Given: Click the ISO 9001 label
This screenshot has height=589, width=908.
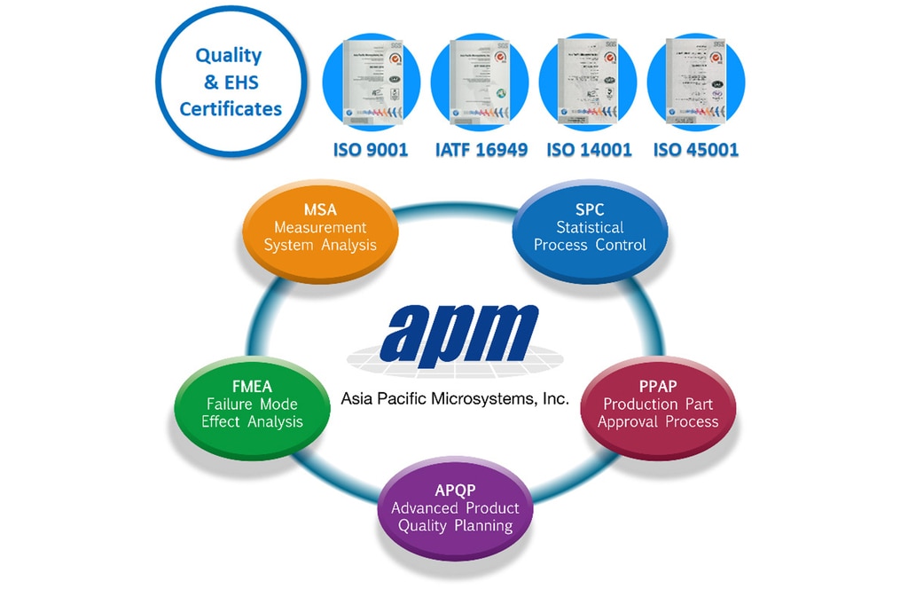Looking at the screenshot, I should (x=371, y=150).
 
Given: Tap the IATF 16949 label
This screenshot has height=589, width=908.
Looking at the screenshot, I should (x=481, y=150).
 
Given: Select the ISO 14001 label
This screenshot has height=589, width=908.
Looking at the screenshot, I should (x=590, y=150).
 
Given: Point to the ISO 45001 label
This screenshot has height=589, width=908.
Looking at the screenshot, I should (x=696, y=150).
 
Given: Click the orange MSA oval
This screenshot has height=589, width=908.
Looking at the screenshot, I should (x=319, y=228).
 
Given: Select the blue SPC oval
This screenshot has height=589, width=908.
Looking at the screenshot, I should (x=590, y=228).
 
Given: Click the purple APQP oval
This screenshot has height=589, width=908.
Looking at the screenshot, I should (x=455, y=508).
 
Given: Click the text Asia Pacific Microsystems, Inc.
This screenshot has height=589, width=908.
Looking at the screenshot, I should (x=455, y=399).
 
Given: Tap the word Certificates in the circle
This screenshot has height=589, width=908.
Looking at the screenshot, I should (x=231, y=110).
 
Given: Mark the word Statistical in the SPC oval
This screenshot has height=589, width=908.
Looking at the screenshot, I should (x=590, y=228).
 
